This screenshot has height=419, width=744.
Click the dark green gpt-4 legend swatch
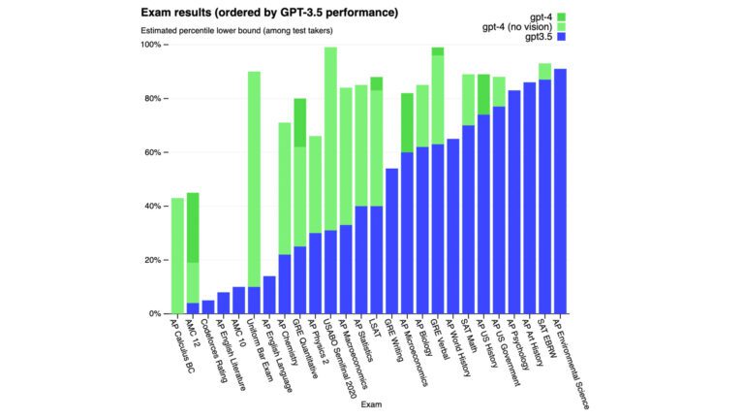pos(561,16)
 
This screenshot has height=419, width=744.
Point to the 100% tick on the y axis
pos(152,45)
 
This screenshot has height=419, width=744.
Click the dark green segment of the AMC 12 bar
pos(193,227)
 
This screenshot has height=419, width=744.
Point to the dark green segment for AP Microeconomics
pos(407,122)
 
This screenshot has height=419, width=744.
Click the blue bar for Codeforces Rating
pos(208,306)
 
